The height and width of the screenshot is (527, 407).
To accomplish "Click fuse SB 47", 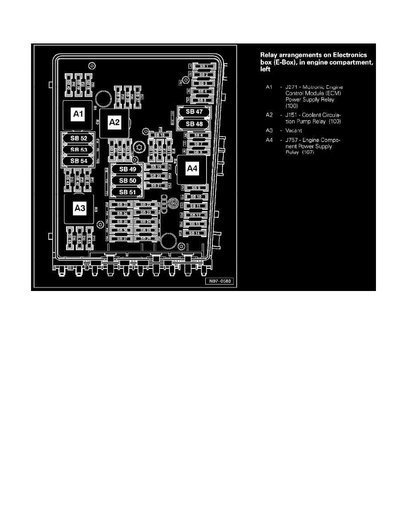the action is [x=194, y=112].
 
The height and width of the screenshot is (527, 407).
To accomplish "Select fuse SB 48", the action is [x=194, y=124].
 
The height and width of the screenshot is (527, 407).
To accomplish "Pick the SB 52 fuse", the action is [x=78, y=138].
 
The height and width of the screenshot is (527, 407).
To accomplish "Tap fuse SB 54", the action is [x=78, y=161].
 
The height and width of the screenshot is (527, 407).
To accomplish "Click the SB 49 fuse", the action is [x=127, y=169].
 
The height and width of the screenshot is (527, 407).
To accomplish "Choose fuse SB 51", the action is [x=127, y=192].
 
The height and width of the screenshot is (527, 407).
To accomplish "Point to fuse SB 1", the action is [x=203, y=66].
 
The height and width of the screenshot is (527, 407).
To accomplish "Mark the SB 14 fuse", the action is [x=194, y=233].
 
